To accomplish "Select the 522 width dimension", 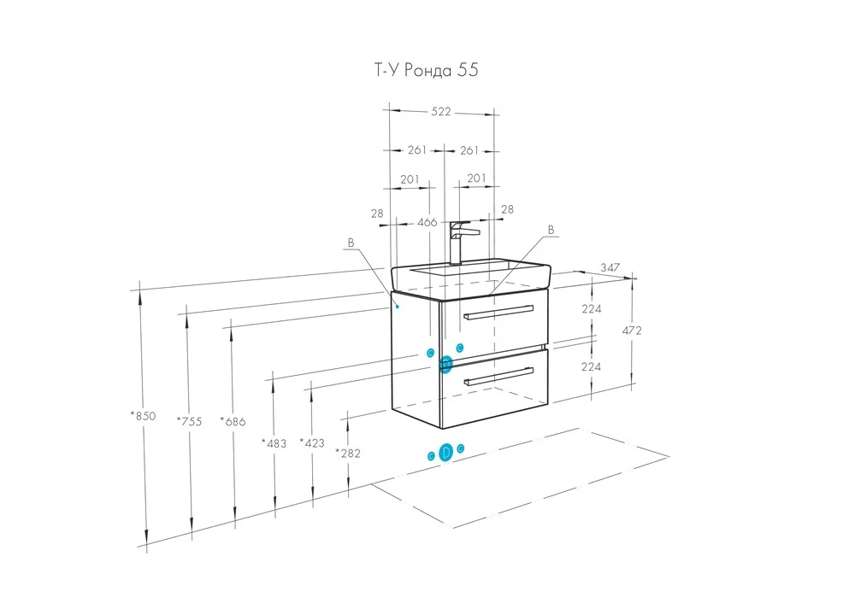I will [440, 112].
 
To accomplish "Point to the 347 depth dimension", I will [609, 268].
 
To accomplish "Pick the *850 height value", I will [143, 416].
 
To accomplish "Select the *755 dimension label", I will [189, 420].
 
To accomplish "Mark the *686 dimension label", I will [233, 420].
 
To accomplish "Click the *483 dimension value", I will [274, 443].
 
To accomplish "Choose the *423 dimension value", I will [312, 442].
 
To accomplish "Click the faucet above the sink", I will [459, 241].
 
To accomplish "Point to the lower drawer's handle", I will [497, 378].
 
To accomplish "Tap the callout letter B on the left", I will [350, 243].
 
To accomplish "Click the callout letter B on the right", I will [551, 230].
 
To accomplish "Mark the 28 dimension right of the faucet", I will [507, 209].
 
